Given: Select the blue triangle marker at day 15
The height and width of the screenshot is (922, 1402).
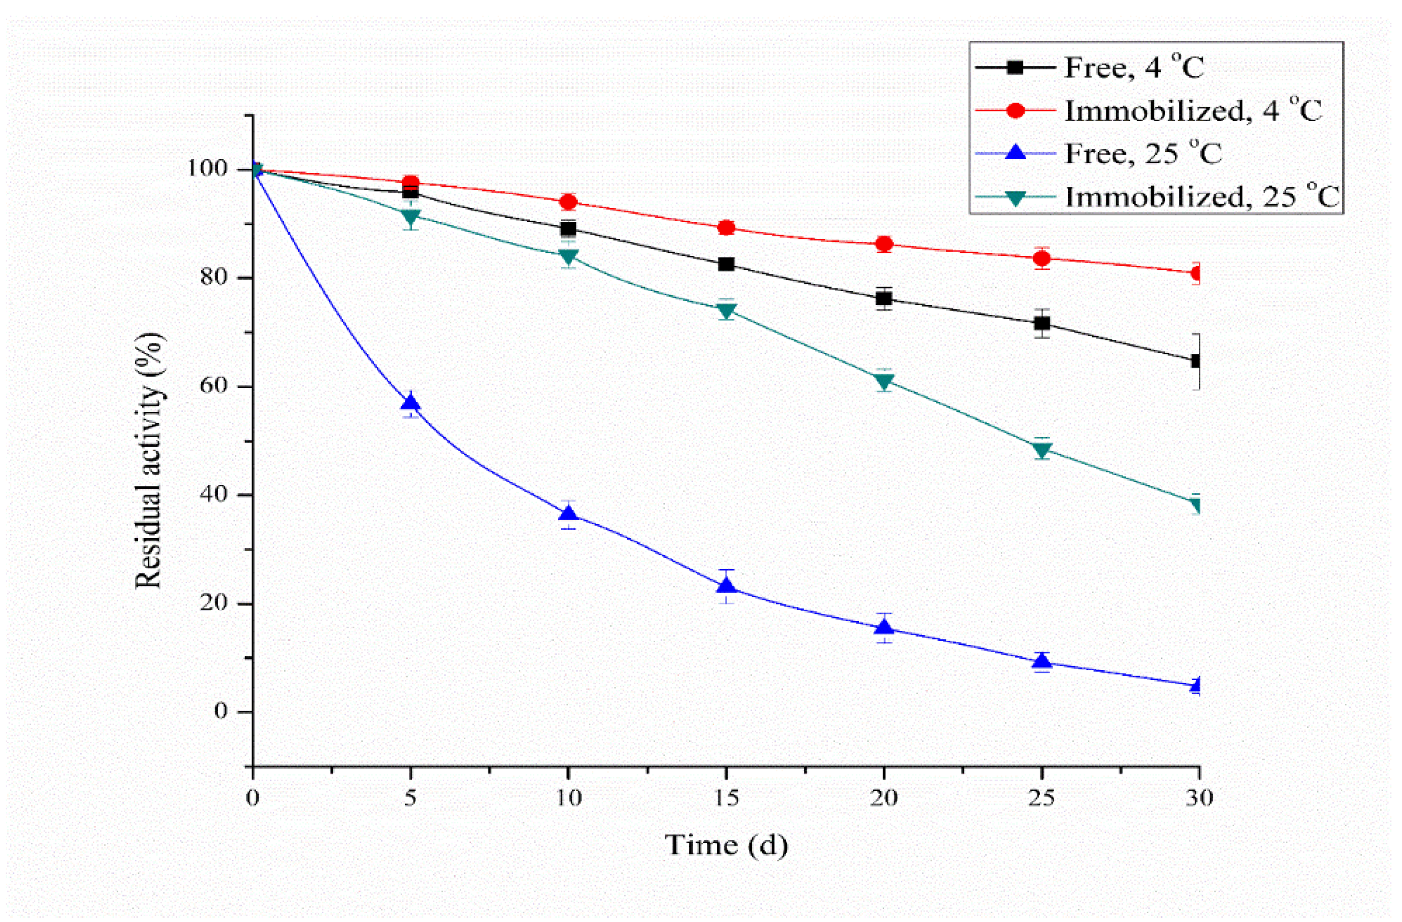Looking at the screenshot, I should point(726,586).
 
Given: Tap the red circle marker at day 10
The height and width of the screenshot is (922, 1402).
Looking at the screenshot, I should point(569,202).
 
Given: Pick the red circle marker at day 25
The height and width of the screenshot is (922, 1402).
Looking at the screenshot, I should point(1041,258).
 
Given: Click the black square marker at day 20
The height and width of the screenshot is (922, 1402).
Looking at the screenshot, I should point(884,298).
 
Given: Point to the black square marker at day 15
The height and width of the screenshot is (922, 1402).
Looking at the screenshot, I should point(726,264).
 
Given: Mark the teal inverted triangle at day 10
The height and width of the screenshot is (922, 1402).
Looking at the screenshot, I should point(569,257).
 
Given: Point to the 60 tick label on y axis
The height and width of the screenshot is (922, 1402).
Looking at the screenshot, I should point(213,387).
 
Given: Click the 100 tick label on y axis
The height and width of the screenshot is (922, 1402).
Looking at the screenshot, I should point(207,169).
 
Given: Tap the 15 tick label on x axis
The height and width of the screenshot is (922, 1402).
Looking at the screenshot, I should point(726,798).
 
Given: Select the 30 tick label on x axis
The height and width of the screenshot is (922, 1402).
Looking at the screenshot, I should point(1199,798).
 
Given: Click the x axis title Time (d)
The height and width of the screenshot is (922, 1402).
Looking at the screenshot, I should point(726,845).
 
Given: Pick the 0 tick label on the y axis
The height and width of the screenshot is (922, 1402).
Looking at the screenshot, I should point(221,711).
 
